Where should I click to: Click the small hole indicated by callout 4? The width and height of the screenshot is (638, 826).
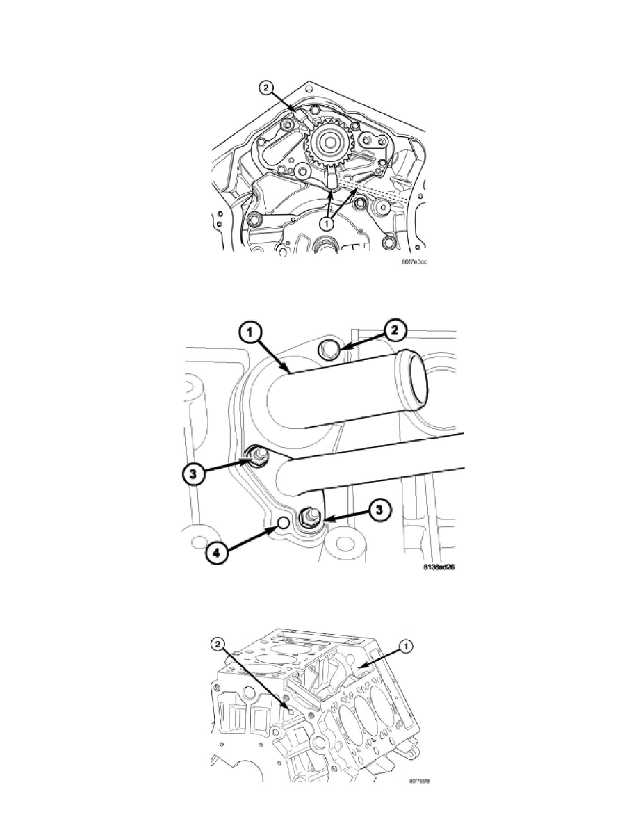[282, 522]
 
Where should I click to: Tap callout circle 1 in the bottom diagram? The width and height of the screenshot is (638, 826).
[407, 645]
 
